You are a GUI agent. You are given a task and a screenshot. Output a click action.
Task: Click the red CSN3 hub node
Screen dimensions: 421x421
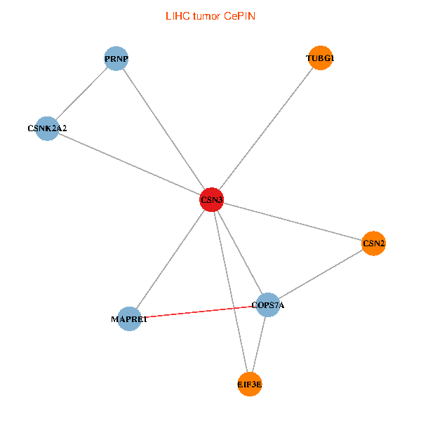[x=211, y=200]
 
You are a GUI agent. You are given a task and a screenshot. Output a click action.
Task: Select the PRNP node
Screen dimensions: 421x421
[x=116, y=59]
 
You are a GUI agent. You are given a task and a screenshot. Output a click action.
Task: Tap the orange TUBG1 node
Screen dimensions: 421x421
[x=319, y=59]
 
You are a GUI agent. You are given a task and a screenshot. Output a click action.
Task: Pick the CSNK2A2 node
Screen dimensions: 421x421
[x=47, y=128]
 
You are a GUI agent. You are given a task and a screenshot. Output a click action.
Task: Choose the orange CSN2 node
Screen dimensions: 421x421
[x=373, y=243]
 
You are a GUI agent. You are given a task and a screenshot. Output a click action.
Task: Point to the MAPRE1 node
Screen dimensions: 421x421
[x=129, y=319]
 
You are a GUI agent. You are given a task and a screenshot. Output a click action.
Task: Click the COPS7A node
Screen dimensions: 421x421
[x=268, y=305]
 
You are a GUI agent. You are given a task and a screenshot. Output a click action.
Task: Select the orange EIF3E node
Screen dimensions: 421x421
[x=250, y=385]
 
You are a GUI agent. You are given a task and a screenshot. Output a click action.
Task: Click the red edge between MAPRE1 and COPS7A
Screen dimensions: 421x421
[x=199, y=312]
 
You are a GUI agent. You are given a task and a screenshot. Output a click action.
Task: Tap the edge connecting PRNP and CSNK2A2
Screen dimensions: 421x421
[x=81, y=94]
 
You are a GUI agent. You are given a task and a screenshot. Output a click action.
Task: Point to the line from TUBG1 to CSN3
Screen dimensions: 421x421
[x=265, y=130]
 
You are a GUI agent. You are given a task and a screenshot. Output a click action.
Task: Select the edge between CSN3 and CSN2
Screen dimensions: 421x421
[x=292, y=222]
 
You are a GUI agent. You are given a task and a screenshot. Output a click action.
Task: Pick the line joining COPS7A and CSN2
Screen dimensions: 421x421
[x=321, y=274]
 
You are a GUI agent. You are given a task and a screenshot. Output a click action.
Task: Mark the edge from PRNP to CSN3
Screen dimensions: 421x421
[x=163, y=130]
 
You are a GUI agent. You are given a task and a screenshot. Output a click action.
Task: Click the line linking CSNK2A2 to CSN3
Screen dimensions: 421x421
[x=129, y=164]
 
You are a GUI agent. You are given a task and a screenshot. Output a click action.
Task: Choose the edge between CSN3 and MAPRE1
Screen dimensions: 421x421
[x=171, y=259]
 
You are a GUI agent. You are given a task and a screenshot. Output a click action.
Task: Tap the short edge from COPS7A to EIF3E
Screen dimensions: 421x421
[x=259, y=345]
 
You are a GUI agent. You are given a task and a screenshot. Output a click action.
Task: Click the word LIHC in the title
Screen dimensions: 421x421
[x=175, y=15]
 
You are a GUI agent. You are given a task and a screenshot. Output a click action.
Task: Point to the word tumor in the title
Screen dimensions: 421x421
[x=204, y=15]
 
